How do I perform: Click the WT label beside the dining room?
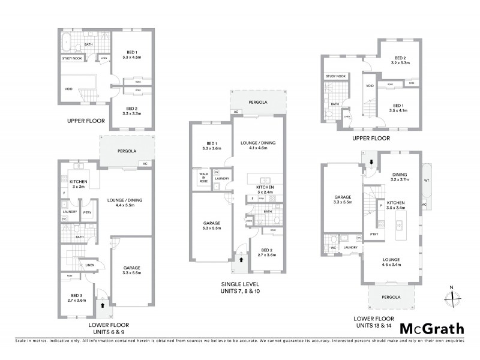tap(426, 179)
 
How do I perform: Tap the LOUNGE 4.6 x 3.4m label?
tap(390, 262)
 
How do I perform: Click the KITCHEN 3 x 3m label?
tap(79, 184)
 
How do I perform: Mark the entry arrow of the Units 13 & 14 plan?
tap(371, 161)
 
